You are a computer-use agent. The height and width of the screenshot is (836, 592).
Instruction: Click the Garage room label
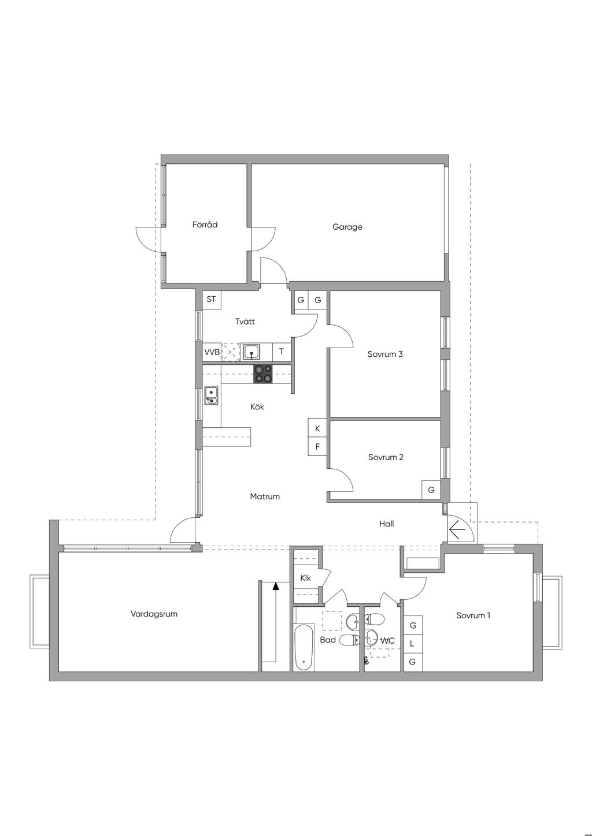(x=347, y=227)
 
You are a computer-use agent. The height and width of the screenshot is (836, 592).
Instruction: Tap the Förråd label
(x=205, y=225)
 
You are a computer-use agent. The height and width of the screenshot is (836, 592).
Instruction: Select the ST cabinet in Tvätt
(x=212, y=300)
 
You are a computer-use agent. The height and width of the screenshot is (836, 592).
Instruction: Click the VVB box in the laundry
(x=212, y=352)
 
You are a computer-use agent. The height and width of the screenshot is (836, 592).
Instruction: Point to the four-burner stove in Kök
(x=263, y=374)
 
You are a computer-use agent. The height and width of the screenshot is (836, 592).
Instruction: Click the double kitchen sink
(x=212, y=397)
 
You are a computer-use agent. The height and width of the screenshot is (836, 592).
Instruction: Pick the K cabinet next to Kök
(x=317, y=428)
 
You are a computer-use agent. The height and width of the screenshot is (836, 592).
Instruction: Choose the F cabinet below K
(x=317, y=446)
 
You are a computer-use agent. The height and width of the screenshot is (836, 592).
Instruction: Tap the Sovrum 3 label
(x=385, y=354)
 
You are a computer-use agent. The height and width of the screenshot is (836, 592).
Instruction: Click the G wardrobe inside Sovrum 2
(x=431, y=490)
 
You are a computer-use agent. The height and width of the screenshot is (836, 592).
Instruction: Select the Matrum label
(x=265, y=497)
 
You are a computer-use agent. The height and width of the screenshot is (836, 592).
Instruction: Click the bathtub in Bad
(x=303, y=648)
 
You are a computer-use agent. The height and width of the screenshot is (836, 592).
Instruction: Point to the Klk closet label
(x=305, y=578)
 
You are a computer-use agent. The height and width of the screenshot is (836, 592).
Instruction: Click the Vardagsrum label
(x=154, y=614)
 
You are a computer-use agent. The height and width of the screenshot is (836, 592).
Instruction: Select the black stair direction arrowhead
(x=276, y=587)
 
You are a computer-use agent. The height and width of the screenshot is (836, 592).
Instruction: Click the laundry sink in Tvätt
(x=251, y=352)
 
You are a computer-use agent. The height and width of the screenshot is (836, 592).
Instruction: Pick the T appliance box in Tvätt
(x=282, y=352)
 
